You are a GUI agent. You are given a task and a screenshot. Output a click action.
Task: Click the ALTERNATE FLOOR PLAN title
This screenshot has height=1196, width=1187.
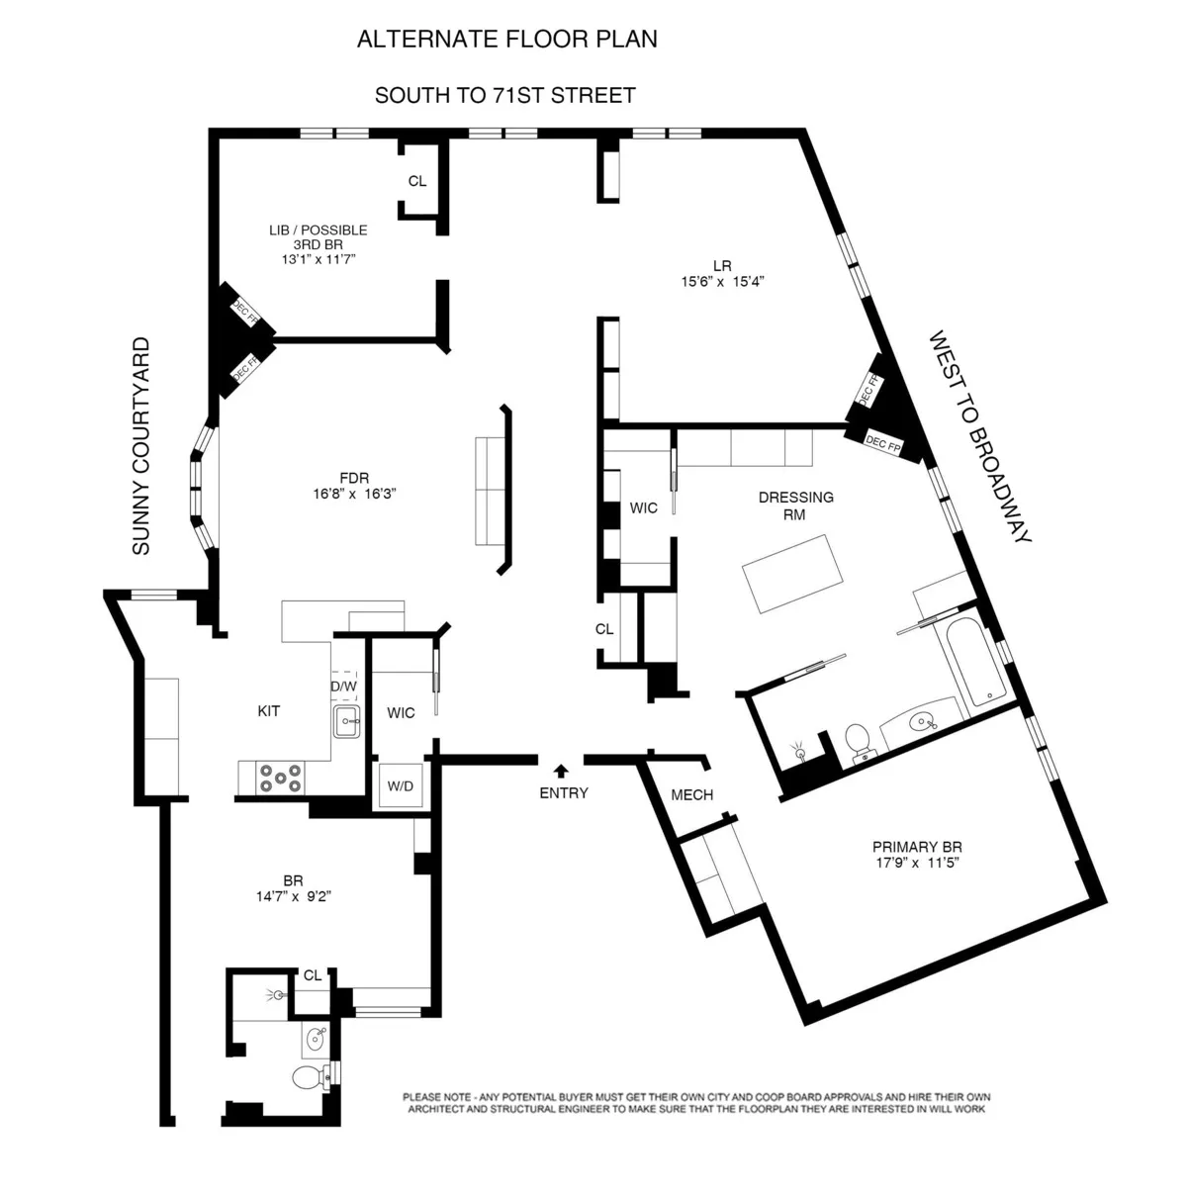click(506, 40)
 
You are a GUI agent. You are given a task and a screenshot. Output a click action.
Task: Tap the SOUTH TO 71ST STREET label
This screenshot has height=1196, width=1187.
click(504, 96)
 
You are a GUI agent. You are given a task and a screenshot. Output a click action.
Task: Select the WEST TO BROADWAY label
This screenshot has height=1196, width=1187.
click(979, 437)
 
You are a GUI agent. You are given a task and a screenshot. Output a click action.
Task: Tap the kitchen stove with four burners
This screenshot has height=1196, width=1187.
click(280, 778)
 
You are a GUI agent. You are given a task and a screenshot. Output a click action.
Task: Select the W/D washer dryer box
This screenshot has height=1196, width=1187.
click(401, 786)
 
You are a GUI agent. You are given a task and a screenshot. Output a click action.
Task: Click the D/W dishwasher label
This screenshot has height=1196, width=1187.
click(343, 686)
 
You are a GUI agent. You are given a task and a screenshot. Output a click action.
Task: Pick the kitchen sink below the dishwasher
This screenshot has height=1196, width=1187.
click(346, 720)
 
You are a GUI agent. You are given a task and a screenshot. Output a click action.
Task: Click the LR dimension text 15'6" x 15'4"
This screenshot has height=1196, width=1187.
click(722, 281)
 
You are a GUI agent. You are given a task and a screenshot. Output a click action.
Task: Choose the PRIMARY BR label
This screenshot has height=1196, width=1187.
click(917, 847)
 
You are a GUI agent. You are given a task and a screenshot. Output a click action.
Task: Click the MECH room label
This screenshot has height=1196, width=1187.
click(691, 795)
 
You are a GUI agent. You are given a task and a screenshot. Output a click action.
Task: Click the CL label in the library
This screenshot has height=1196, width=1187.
click(417, 181)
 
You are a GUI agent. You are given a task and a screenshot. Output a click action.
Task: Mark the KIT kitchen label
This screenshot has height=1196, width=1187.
click(268, 710)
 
